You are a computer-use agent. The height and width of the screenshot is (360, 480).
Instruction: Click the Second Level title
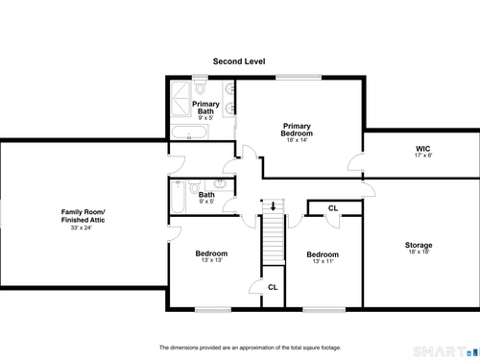point(239,61)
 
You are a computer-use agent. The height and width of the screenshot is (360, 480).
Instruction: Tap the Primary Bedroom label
point(297,130)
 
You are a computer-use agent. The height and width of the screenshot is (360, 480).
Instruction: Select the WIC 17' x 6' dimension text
point(423,156)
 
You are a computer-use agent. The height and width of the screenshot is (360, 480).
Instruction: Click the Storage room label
point(419,245)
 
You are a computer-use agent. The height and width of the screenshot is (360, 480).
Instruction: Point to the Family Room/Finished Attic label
point(84,216)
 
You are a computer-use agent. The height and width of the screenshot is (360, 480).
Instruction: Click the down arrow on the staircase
point(273,205)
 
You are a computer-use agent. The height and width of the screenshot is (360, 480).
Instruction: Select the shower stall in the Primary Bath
point(180,99)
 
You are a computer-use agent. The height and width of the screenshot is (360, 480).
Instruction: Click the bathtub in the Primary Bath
point(189,132)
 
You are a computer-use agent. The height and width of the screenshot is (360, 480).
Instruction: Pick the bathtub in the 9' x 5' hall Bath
point(178,197)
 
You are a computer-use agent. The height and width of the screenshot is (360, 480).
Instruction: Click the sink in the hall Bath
point(220,184)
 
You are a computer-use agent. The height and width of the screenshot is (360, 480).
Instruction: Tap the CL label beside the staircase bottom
point(273,287)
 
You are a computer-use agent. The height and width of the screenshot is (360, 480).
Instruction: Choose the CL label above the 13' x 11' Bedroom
point(333,208)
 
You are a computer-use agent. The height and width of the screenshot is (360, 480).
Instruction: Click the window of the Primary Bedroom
point(299,77)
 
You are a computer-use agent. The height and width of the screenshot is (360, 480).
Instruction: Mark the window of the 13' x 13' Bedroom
point(213,309)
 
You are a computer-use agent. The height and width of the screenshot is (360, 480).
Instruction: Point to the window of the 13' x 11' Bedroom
point(324,309)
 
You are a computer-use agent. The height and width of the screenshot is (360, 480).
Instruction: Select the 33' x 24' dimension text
point(82,228)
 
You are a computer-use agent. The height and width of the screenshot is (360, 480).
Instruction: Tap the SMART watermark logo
point(446,351)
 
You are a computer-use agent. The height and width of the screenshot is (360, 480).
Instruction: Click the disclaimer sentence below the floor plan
point(251,348)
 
